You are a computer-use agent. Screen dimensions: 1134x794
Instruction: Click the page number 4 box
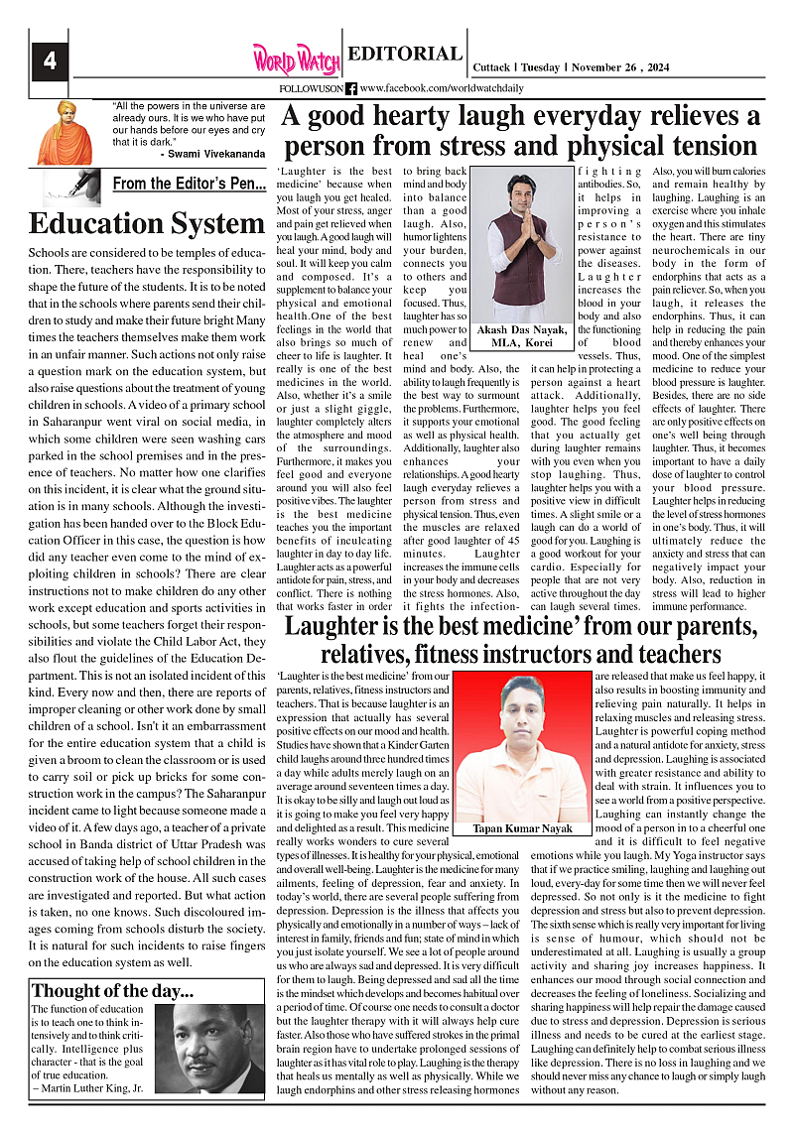coord(49,62)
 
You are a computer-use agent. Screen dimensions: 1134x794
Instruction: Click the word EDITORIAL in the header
coord(405,55)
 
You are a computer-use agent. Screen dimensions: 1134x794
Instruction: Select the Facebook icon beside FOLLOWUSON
coord(351,89)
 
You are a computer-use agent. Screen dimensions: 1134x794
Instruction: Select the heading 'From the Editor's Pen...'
coord(190,184)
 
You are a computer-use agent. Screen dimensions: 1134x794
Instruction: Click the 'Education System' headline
coord(146,224)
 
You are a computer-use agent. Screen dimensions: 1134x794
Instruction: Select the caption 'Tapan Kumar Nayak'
coord(523,828)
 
